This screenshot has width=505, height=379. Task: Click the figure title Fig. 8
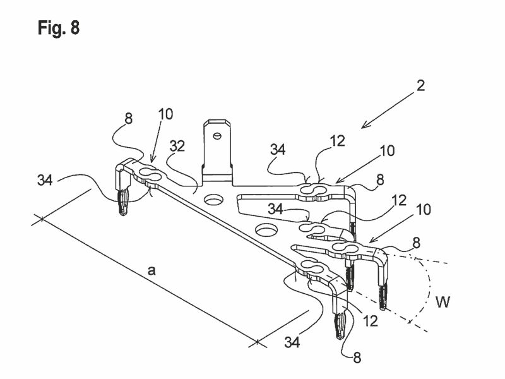pos(58,27)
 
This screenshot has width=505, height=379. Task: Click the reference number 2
pos(420,86)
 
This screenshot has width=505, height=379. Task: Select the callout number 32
pos(177,147)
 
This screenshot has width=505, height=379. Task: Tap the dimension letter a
pos(151,271)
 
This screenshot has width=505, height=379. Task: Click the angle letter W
pos(443,302)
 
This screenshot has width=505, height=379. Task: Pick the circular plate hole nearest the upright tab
pos(213,200)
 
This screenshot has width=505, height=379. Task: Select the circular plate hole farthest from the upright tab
pos(266,230)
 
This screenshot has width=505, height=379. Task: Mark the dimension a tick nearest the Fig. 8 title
pos(42,219)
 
